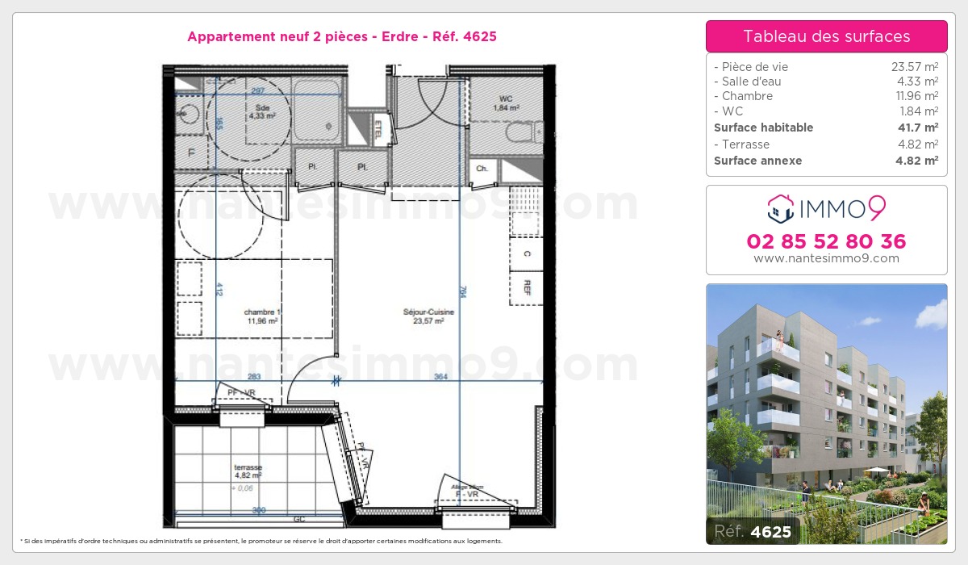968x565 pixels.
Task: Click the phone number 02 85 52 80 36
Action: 826,241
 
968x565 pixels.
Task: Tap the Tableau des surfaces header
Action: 826,36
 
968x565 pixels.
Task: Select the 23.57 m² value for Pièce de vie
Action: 914,67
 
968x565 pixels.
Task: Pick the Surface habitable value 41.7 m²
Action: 919,128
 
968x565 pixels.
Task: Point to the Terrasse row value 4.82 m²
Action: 919,144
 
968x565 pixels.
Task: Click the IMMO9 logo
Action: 826,209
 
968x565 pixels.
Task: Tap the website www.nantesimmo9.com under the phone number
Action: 826,258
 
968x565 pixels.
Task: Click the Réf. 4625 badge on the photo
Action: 753,531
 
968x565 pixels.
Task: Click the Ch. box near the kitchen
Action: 482,169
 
